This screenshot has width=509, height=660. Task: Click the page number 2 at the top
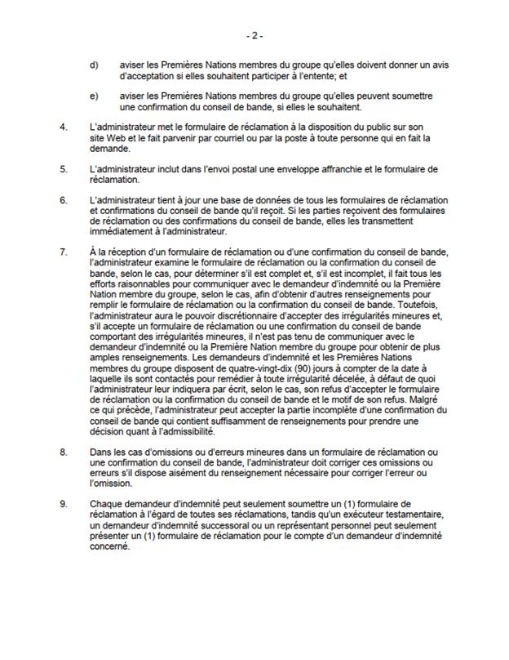point(254,36)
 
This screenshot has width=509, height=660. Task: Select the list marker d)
point(94,65)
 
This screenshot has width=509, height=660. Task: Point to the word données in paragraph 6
point(247,199)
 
